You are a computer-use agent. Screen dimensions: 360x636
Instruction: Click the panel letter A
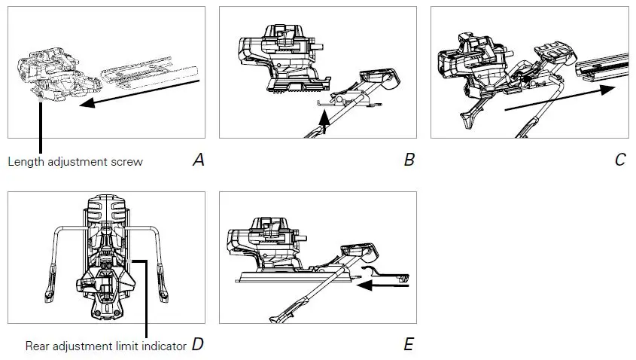(199, 160)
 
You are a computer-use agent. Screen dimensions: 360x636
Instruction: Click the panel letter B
(409, 160)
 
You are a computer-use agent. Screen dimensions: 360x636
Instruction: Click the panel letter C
(619, 160)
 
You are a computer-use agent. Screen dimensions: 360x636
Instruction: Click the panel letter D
(197, 345)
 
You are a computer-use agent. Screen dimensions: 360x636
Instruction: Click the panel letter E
(409, 345)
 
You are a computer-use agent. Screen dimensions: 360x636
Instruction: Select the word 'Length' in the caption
(25, 161)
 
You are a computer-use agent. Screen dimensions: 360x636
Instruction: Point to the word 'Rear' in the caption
(38, 346)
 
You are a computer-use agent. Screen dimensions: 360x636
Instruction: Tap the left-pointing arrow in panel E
(384, 285)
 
